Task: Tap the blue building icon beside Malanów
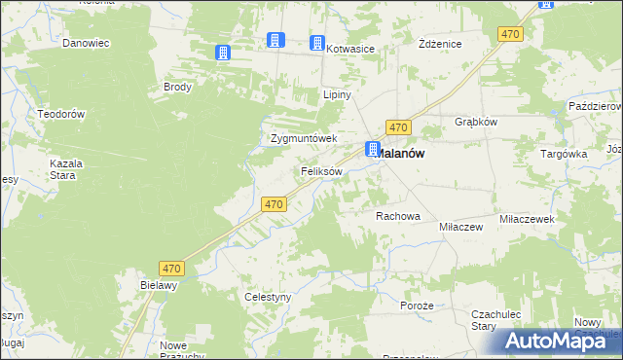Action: coord(373,149)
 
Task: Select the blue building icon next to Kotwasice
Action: coord(316,43)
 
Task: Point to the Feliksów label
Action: coord(321,171)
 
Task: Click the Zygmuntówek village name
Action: coord(303,138)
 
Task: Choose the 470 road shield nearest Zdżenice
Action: coord(509,34)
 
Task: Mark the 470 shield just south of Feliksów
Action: coord(275,204)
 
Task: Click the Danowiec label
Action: coord(84,43)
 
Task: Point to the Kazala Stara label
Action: coord(67,169)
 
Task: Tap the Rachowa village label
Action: coord(397,216)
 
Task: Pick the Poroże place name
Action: coord(417,306)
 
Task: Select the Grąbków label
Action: coord(477,123)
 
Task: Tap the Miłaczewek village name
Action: coord(527,220)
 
